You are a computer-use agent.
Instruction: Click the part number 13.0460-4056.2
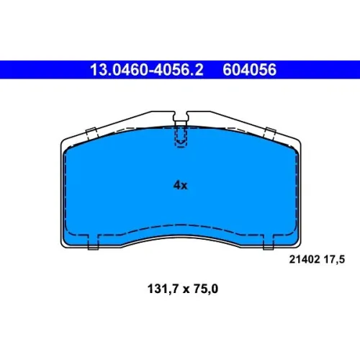pos(147,70)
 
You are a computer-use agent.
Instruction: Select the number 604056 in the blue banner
pos(250,70)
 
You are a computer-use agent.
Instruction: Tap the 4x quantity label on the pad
pos(181,185)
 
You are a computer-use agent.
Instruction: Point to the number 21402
pos(305,259)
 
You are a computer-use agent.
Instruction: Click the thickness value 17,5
pos(334,260)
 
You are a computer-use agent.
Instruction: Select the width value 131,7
pos(163,289)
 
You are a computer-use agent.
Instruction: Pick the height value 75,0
pos(206,289)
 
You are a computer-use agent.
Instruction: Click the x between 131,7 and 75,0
pos(186,290)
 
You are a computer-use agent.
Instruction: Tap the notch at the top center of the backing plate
pos(181,118)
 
